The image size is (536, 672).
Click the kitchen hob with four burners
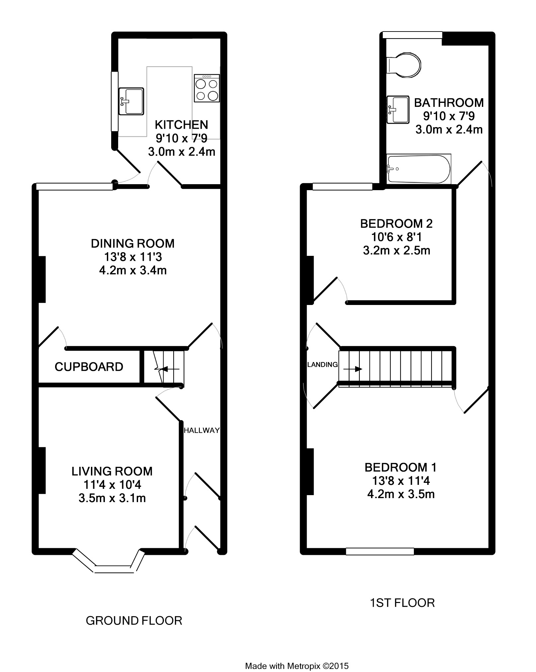(207, 88)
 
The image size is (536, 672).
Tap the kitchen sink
(131, 101)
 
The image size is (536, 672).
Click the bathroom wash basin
(398, 110)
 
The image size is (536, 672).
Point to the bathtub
(419, 169)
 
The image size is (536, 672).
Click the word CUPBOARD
(89, 367)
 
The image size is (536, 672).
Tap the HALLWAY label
(201, 430)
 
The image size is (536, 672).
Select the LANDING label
(322, 365)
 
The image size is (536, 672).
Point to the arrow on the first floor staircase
(353, 369)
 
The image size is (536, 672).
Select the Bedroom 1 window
(380, 551)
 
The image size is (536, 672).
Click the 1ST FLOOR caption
(402, 603)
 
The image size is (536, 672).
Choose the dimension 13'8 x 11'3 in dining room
(133, 257)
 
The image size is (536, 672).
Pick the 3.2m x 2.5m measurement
(396, 251)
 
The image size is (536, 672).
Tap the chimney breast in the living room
(42, 471)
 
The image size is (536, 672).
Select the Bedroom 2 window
(342, 187)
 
